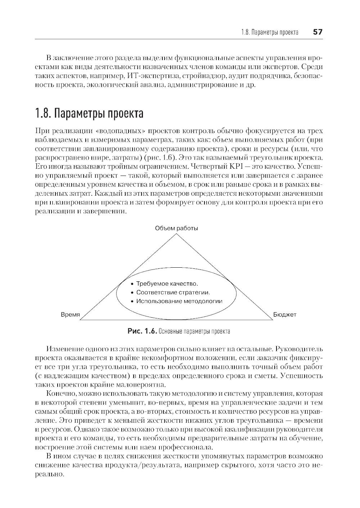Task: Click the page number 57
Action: click(318, 32)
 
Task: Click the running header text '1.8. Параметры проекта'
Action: click(270, 32)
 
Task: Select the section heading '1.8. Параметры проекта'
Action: click(89, 113)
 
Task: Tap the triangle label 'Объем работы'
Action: click(176, 228)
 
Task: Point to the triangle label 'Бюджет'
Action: click(284, 314)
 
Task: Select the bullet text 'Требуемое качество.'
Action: click(167, 284)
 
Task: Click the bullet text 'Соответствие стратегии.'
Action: click(173, 292)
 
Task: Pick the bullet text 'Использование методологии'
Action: click(179, 301)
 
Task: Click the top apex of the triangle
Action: click(176, 234)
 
